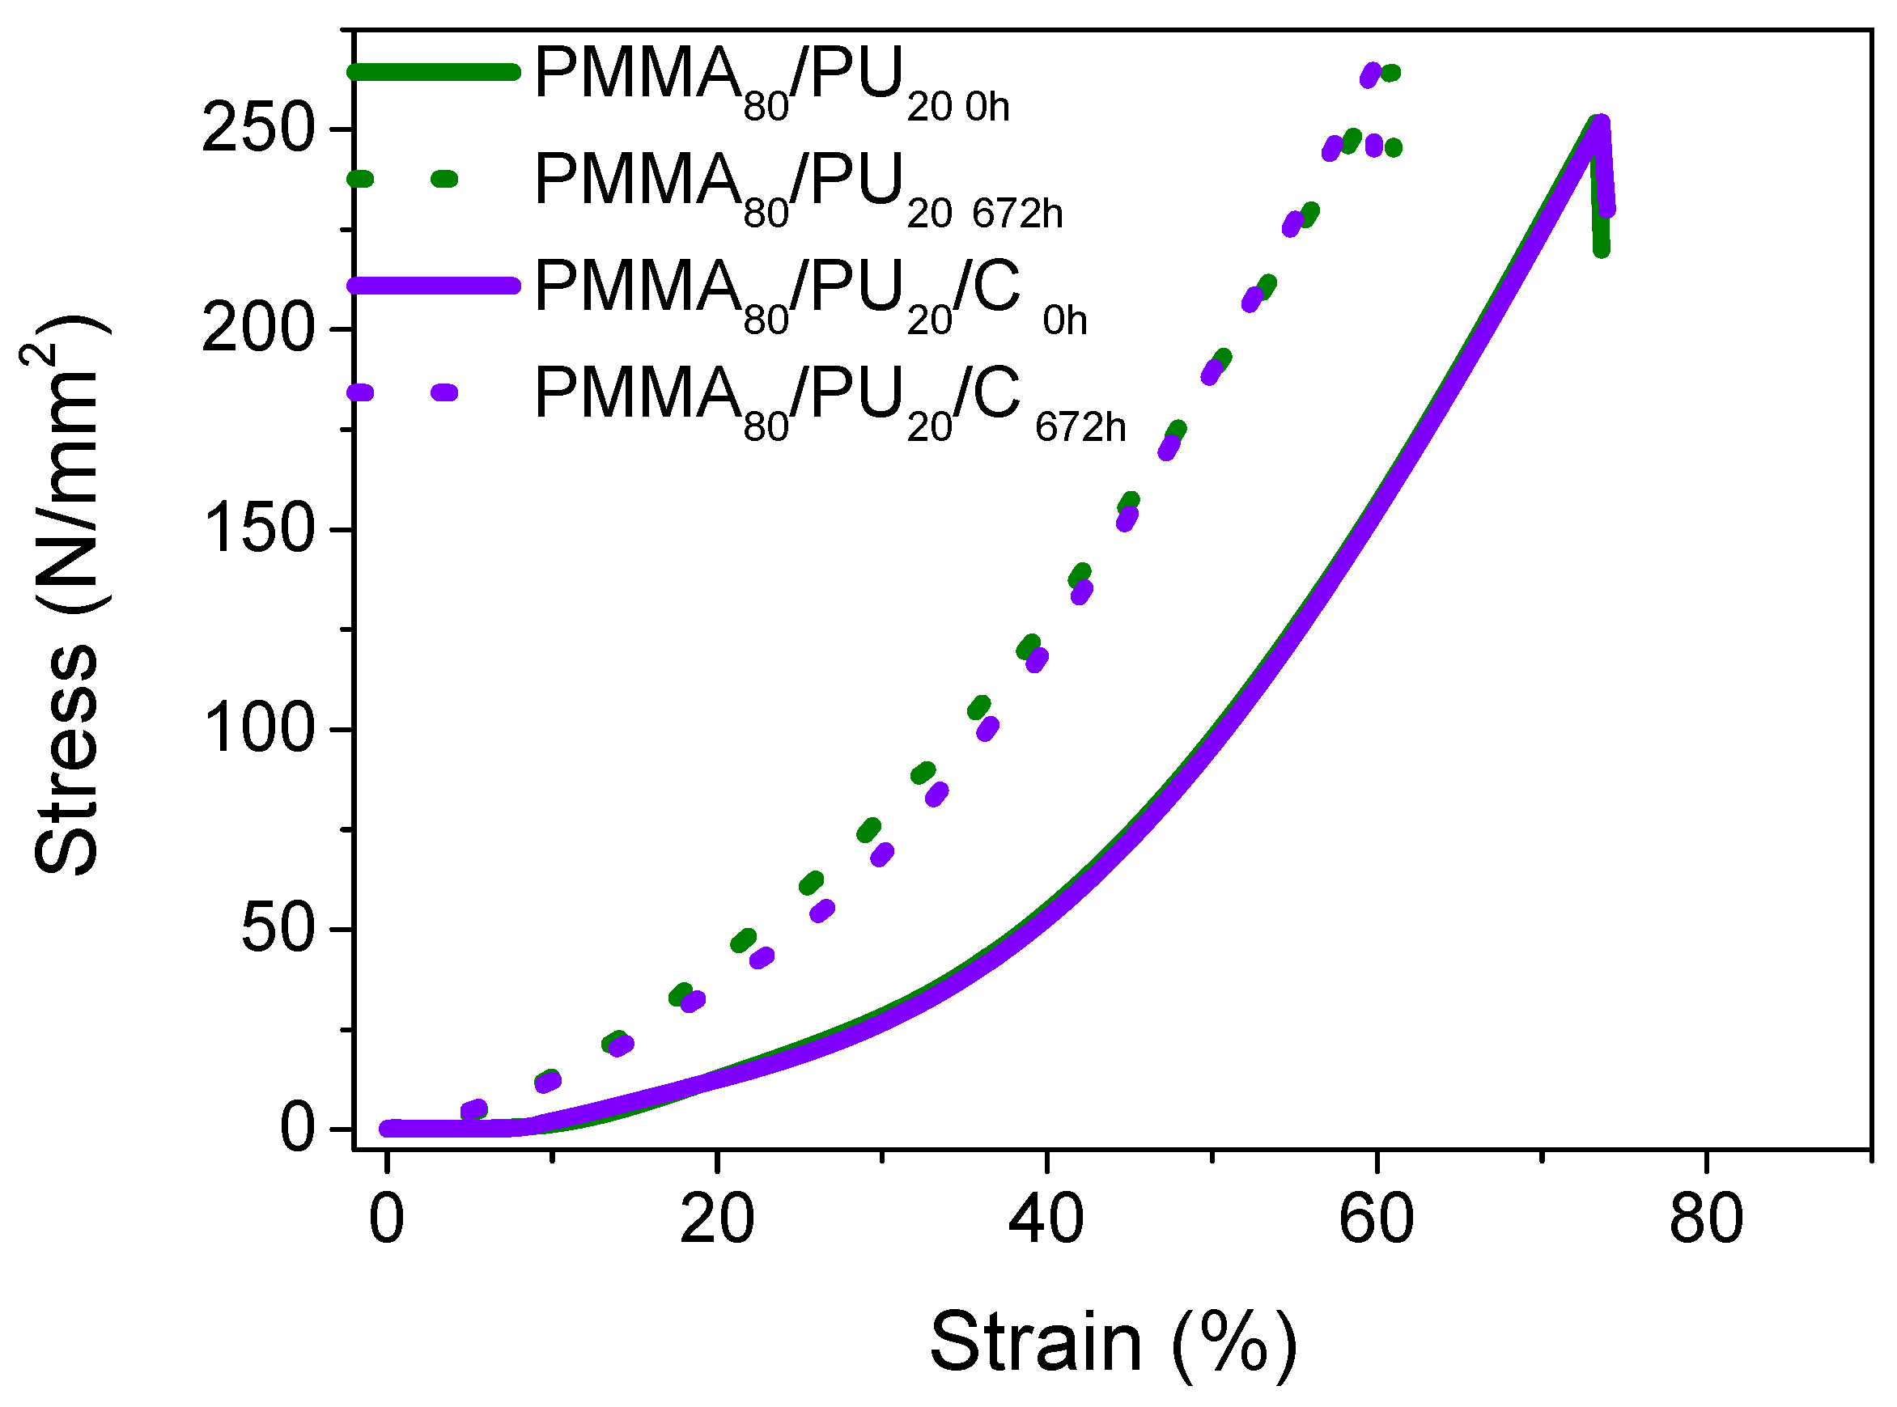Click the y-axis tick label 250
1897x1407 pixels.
(258, 130)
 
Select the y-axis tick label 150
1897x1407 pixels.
(258, 530)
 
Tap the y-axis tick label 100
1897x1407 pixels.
(258, 730)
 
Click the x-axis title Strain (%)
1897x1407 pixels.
(1113, 1343)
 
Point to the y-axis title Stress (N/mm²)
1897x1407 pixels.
(68, 596)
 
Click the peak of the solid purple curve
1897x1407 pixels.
(1601, 125)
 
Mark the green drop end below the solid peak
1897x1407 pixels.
(1602, 248)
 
